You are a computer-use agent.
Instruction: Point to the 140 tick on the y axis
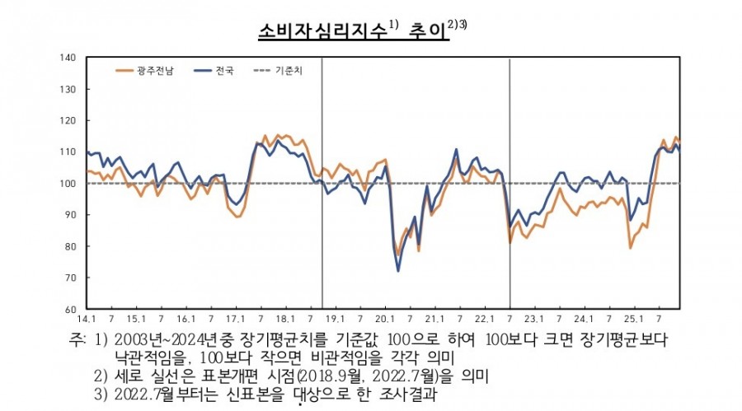pyautogui.click(x=68, y=58)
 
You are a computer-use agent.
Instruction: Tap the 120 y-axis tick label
pyautogui.click(x=68, y=120)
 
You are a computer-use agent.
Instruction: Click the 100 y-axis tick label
pyautogui.click(x=68, y=184)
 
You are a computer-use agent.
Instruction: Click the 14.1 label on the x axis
pyautogui.click(x=87, y=319)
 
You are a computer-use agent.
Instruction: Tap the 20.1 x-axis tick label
pyautogui.click(x=385, y=319)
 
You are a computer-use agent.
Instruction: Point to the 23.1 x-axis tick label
pyautogui.click(x=534, y=319)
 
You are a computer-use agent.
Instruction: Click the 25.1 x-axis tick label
pyautogui.click(x=634, y=319)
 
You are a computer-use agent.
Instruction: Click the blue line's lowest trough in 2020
pyautogui.click(x=399, y=270)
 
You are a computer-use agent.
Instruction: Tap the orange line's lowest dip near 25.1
pyautogui.click(x=631, y=247)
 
